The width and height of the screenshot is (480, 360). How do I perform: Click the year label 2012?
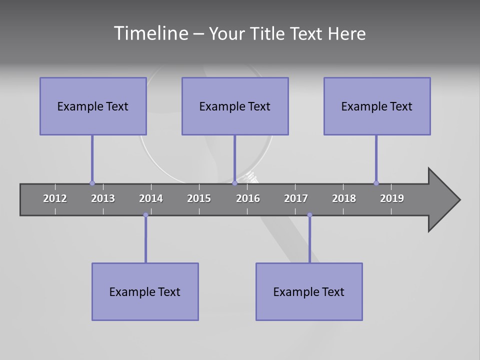[x=55, y=198]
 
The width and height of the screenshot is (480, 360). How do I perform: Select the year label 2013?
[x=103, y=198]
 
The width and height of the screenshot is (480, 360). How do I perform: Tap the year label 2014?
[x=151, y=198]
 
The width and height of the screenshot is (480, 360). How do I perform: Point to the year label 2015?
[x=199, y=198]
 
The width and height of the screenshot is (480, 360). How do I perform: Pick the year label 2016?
[x=248, y=198]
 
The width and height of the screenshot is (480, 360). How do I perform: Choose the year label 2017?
[x=296, y=198]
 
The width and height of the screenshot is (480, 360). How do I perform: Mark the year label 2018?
[x=344, y=198]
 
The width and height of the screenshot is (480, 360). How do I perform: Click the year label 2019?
[x=392, y=198]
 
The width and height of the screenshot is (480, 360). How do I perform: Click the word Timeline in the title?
[x=150, y=33]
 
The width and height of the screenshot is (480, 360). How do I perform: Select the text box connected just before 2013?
[x=93, y=106]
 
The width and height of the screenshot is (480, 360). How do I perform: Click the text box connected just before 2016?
[x=235, y=106]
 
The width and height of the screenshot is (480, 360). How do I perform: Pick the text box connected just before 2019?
[x=377, y=106]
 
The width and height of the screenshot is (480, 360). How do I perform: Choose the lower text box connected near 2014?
[x=145, y=291]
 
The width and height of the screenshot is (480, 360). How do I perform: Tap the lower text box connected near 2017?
[x=309, y=291]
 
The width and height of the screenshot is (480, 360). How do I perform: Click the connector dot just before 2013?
[x=92, y=183]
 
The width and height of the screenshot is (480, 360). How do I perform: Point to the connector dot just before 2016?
[x=234, y=183]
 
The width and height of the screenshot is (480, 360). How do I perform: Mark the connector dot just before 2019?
[x=376, y=183]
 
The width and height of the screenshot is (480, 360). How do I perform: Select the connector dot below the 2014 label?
[x=145, y=215]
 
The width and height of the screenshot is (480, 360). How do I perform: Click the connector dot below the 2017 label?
[x=309, y=215]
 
